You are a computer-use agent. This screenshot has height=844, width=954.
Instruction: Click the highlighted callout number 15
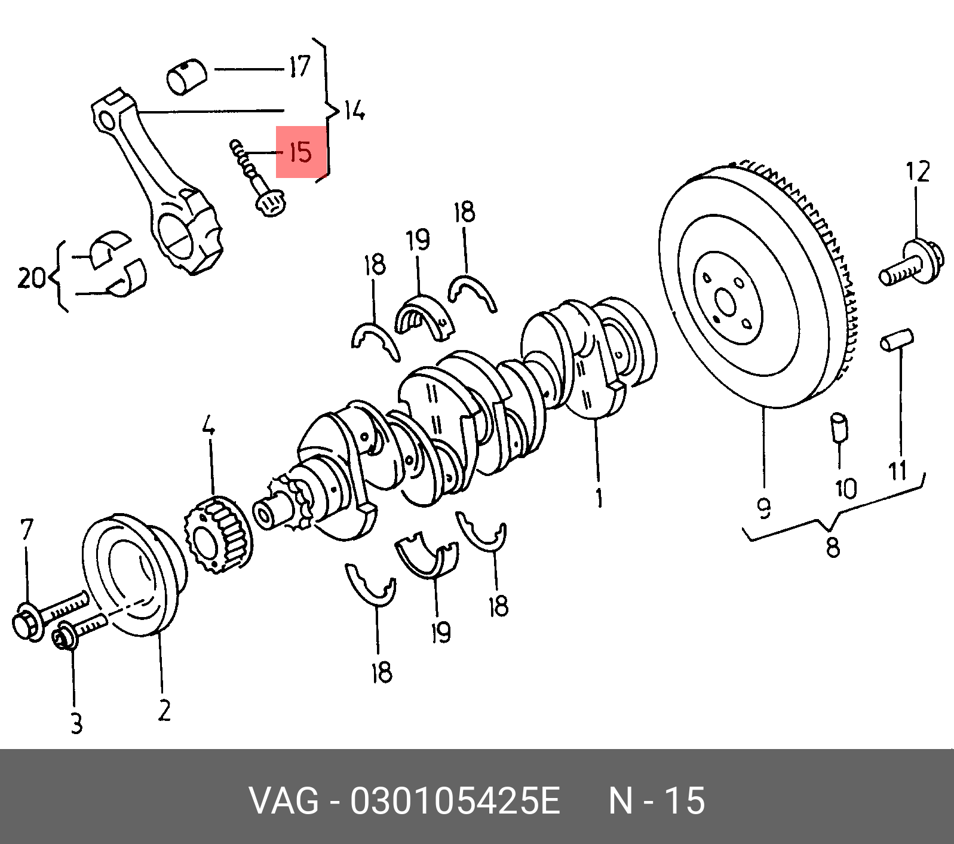(300, 153)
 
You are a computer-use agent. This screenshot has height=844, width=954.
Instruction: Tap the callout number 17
(299, 67)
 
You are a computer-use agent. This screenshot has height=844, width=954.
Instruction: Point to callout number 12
(918, 172)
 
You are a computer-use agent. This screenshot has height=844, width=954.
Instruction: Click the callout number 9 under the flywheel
(764, 508)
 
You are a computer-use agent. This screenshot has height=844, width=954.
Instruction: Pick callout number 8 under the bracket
(832, 546)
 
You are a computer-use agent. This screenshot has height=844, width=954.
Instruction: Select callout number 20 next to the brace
(31, 278)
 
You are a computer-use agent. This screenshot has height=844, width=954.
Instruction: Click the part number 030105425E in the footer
(455, 801)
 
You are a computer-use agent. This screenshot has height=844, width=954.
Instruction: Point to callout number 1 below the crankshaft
(599, 497)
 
